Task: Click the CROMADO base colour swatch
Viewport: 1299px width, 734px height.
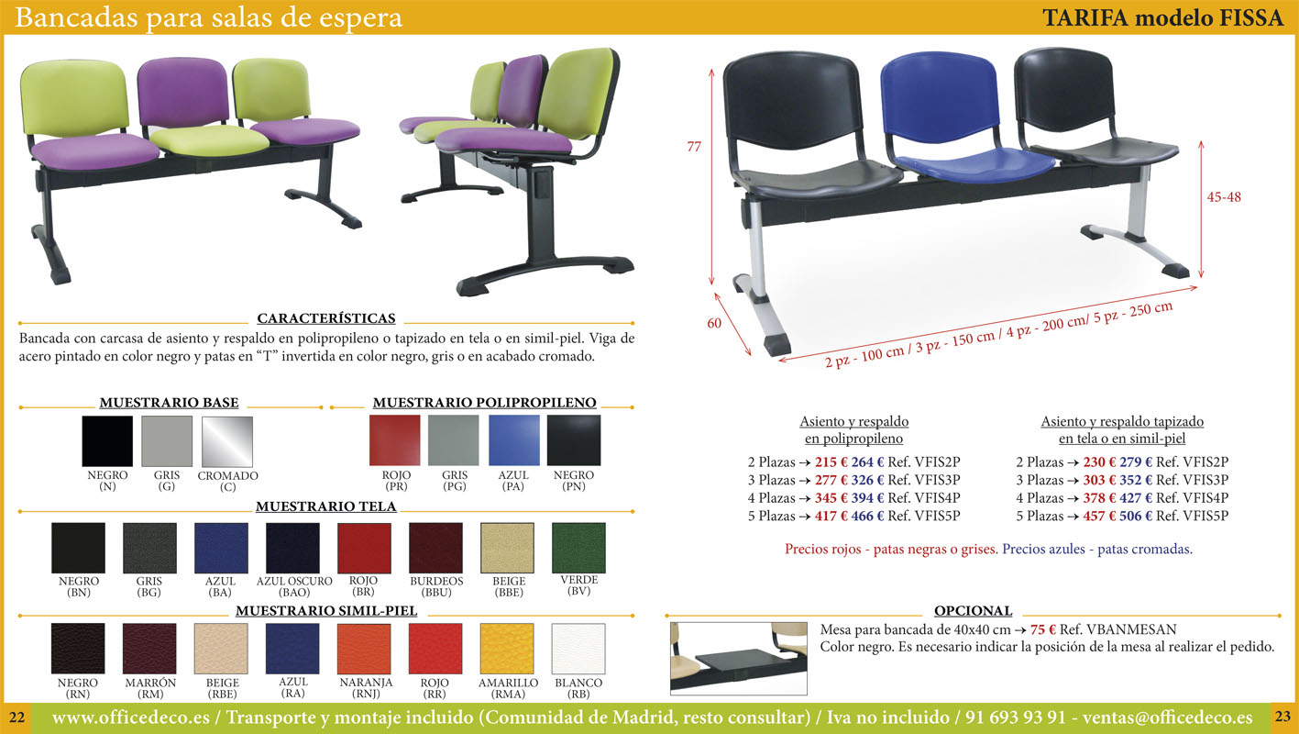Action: tap(227, 441)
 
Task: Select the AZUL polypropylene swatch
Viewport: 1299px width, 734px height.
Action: tap(513, 439)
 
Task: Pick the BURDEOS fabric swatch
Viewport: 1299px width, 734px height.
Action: tap(435, 548)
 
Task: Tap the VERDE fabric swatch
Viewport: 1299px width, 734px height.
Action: tap(578, 548)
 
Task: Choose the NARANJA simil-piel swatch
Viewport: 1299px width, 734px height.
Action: tap(364, 649)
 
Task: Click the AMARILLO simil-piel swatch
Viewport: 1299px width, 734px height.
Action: tap(507, 649)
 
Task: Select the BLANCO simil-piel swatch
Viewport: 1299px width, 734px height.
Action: tap(578, 649)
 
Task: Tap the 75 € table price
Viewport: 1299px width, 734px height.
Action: tap(1042, 629)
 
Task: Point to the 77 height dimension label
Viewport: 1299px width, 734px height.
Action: tap(694, 147)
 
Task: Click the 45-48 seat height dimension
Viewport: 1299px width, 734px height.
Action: tap(1224, 197)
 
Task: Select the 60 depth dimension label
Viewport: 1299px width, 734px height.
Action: tap(714, 323)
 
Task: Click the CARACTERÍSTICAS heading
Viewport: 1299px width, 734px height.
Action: tap(326, 318)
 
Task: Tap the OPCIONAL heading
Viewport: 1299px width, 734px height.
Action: tap(973, 611)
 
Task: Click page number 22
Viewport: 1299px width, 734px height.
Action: tap(17, 717)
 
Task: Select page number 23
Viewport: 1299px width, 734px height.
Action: tap(1282, 717)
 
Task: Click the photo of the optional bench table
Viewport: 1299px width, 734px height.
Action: tap(738, 659)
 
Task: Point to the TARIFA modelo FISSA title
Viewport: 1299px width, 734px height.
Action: tap(1162, 18)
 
